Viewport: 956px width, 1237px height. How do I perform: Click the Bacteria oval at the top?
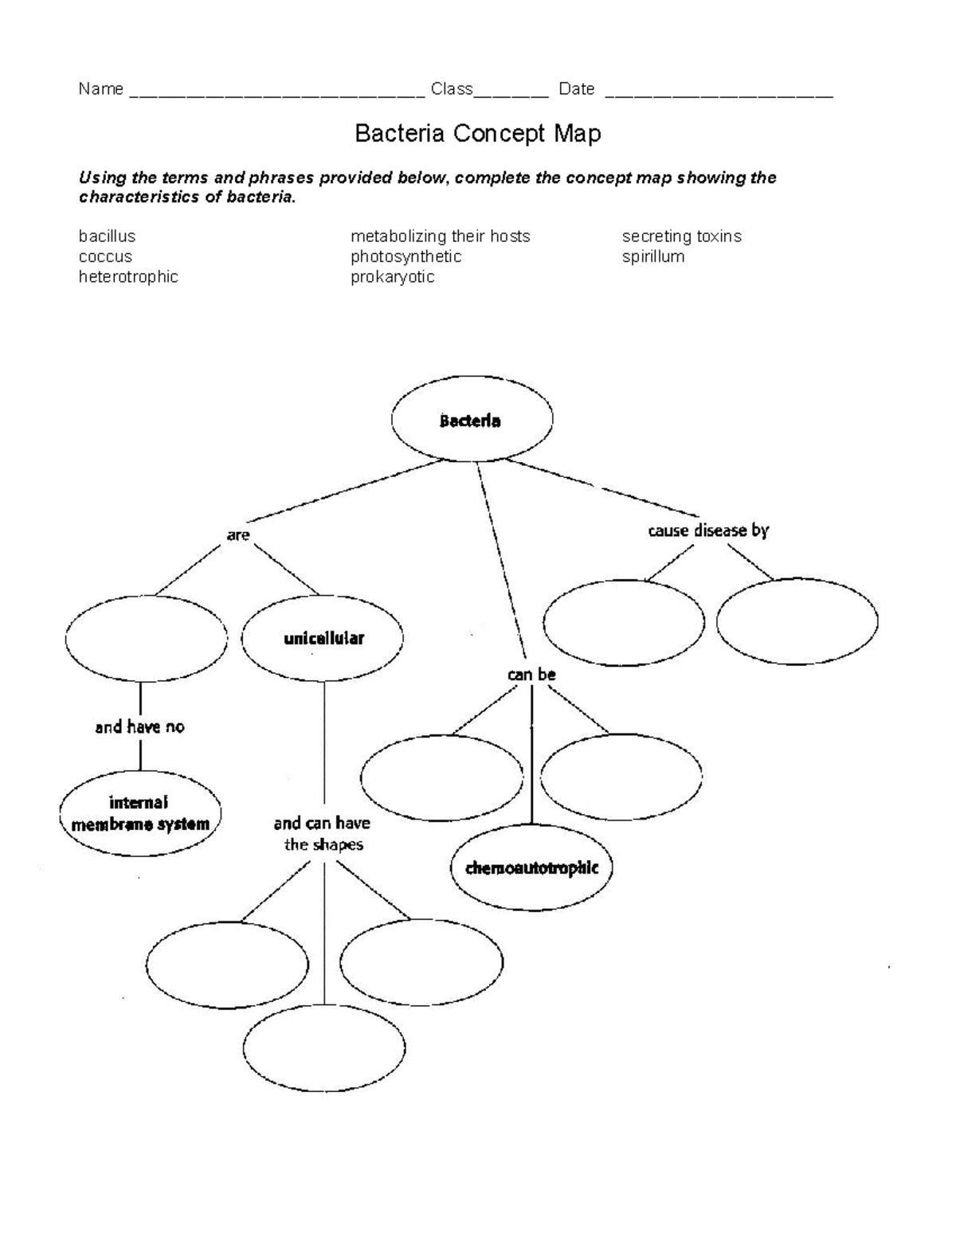coord(472,419)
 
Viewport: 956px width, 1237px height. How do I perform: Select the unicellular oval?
coord(323,638)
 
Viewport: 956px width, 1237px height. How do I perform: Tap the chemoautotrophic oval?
coord(532,867)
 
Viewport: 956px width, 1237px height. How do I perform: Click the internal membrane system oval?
coord(140,813)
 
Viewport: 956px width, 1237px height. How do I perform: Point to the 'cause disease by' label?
coord(708,530)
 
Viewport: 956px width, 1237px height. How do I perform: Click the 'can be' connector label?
coord(531,675)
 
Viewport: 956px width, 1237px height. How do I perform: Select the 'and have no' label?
coord(139,727)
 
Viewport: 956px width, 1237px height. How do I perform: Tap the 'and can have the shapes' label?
coord(323,833)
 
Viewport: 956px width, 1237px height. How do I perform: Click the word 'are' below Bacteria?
coord(238,535)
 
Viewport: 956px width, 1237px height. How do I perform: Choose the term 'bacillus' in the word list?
coord(107,236)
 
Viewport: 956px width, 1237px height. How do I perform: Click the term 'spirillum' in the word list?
coord(653,256)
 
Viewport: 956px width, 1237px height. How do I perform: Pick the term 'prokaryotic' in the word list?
coord(392,277)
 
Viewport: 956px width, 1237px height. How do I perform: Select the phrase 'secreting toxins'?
coord(682,237)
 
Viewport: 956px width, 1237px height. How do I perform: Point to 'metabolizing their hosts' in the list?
coord(440,237)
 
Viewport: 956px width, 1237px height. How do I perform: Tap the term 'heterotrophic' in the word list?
coord(128,276)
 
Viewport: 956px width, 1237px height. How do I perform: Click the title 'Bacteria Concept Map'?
coord(478,134)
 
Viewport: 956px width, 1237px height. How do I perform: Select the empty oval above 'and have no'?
coord(147,638)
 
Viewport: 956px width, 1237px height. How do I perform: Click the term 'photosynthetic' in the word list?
coord(406,256)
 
